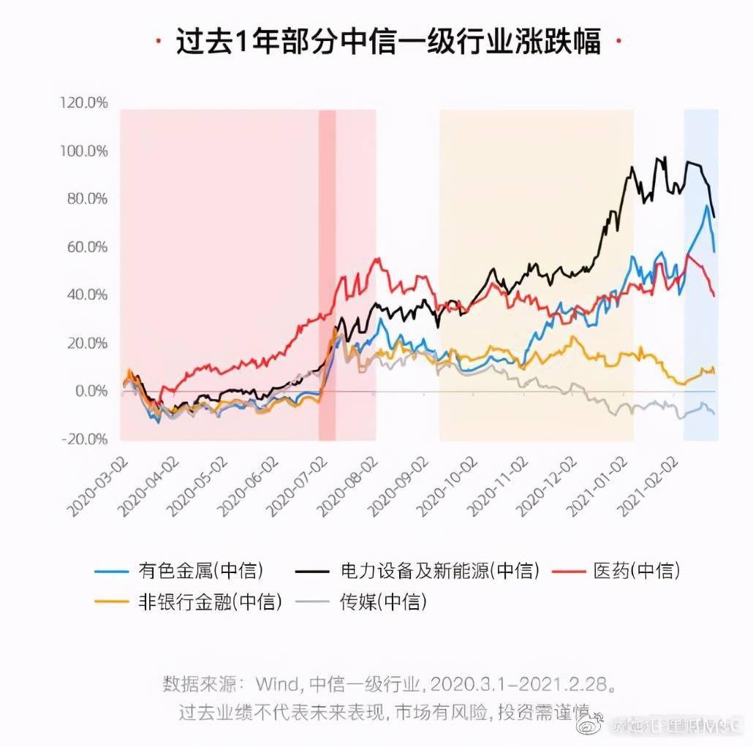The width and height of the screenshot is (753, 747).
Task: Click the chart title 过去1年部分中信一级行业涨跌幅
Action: [387, 42]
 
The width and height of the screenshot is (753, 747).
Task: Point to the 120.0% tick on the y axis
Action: [84, 103]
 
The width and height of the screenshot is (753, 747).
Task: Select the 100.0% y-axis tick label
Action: [84, 151]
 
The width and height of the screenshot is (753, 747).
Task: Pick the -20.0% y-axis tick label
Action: [84, 439]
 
